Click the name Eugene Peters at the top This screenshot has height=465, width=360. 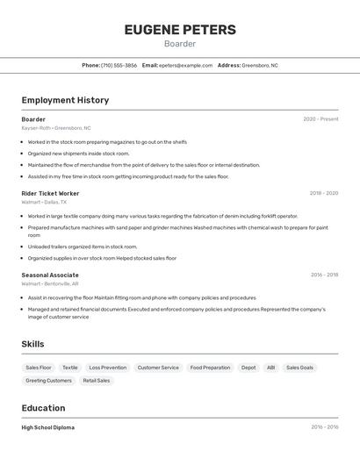coord(180,30)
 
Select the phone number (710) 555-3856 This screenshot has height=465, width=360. coord(119,65)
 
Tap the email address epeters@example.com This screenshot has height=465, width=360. coord(186,65)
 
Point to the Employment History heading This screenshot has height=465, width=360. coord(65,100)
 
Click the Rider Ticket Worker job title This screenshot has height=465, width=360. coord(50,193)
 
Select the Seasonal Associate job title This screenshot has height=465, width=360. coord(50,275)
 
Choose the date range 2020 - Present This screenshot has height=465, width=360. coord(320,119)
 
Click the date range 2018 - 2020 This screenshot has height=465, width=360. coord(323,193)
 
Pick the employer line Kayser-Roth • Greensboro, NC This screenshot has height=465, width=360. coord(56,128)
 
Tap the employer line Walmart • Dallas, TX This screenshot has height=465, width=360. coord(44,202)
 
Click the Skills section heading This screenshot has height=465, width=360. coord(32,344)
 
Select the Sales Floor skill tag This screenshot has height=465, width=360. coord(39,368)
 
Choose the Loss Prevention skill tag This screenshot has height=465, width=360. coord(107,368)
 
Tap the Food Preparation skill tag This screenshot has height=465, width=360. coord(210,368)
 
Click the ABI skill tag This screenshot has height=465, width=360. coord(270,368)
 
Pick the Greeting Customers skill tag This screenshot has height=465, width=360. coord(48,381)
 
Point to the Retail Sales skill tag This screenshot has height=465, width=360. coord(97,381)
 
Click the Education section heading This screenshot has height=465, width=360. coord(43,408)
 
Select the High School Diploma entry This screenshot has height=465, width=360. coord(48,427)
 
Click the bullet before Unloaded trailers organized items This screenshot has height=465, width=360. coord(23,247)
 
